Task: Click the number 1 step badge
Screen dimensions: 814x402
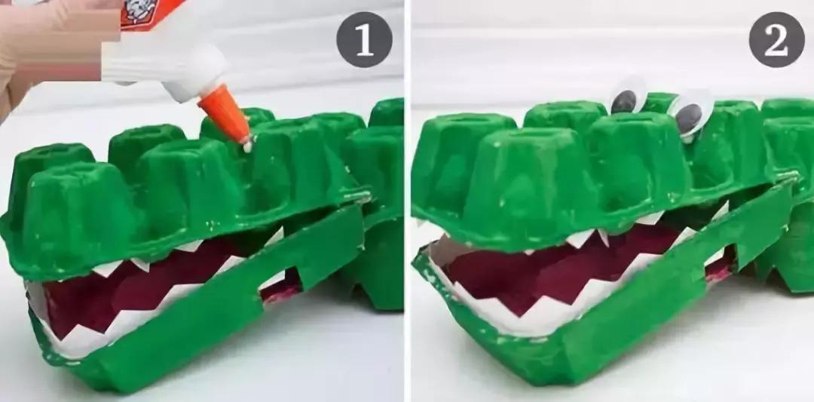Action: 365,39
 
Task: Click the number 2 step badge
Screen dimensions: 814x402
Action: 776,39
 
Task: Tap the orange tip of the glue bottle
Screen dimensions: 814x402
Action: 225,112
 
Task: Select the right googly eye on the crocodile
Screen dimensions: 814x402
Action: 691,115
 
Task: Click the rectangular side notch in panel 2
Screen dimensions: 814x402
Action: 719,263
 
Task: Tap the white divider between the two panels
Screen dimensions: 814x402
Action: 407,201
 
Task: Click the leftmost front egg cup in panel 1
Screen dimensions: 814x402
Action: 78,213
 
